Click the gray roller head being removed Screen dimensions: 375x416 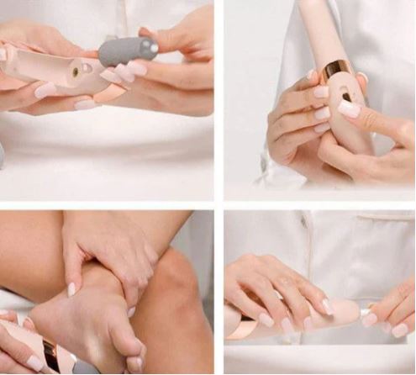(127, 51)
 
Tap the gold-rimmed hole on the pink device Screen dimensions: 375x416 (74, 73)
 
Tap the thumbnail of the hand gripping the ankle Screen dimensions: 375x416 (72, 288)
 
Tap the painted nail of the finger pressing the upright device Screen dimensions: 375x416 (348, 108)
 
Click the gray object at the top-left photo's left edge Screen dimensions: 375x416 (2, 156)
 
